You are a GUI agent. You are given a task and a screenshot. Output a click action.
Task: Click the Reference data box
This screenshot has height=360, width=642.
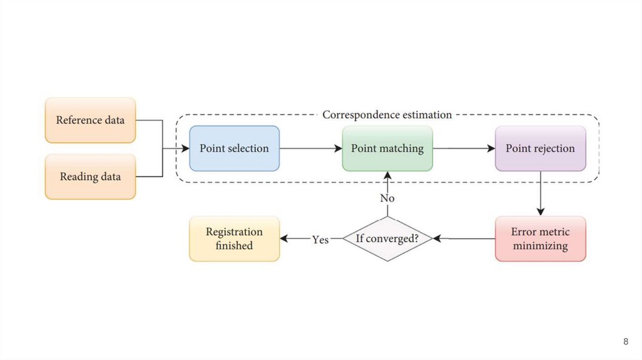click(90, 120)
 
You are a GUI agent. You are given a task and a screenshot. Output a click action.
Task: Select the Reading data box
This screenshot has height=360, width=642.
click(90, 177)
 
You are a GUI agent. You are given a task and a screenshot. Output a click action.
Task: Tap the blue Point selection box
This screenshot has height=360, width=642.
click(234, 149)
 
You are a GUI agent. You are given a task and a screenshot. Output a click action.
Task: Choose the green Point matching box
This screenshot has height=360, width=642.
click(387, 149)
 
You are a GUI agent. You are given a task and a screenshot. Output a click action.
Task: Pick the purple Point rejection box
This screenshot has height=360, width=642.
click(540, 149)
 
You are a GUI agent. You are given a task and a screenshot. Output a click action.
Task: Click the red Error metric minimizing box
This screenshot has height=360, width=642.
click(540, 239)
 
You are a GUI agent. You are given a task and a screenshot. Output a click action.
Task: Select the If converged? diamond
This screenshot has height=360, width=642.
click(387, 239)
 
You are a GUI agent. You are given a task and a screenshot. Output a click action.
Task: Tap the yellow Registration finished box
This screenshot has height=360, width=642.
click(234, 239)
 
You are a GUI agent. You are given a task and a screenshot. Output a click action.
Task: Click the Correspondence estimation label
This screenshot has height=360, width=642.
click(386, 115)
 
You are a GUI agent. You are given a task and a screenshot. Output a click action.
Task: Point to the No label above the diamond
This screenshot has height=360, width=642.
click(387, 198)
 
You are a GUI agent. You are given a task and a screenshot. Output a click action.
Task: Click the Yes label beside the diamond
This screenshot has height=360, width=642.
click(320, 240)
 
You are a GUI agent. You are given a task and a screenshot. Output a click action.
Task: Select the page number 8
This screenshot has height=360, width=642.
click(625, 342)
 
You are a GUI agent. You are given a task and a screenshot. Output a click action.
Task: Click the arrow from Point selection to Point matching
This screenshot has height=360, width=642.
click(310, 149)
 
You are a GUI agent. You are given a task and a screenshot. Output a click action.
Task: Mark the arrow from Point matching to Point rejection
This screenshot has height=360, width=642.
click(464, 149)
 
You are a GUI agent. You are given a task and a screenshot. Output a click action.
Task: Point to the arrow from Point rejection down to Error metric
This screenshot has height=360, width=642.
click(540, 194)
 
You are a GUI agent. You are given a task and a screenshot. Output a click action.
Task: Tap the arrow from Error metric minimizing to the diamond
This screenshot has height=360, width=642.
click(464, 239)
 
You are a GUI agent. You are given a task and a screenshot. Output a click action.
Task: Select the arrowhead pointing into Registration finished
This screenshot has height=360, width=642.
click(284, 239)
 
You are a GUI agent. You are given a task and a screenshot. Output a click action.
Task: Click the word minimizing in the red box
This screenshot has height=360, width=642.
click(540, 246)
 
